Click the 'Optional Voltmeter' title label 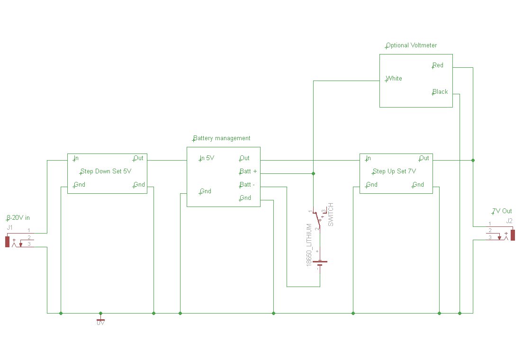(x=411, y=45)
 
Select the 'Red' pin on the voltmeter (x=438, y=65)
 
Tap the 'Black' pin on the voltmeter (x=440, y=92)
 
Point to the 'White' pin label (x=394, y=79)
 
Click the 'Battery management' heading (x=221, y=138)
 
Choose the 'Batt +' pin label (x=248, y=171)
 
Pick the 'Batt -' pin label (x=247, y=185)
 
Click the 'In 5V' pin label (x=207, y=158)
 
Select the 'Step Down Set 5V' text (x=106, y=171)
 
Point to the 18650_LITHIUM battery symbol (x=320, y=262)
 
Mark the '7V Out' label (x=502, y=211)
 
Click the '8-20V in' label (x=18, y=218)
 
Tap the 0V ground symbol (x=100, y=319)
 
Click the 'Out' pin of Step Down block (x=138, y=158)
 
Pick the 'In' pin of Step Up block (x=368, y=158)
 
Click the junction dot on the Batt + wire (x=313, y=173)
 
